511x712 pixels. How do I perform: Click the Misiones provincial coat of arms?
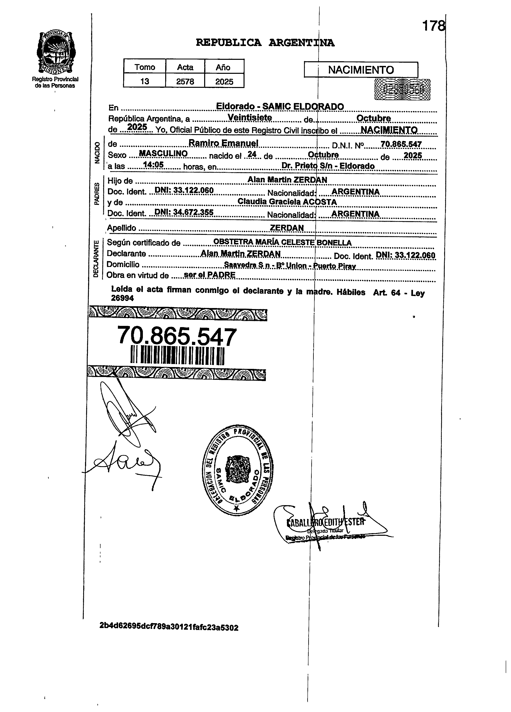click(x=56, y=53)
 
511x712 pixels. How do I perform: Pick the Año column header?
click(x=223, y=67)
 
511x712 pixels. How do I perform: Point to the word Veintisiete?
click(x=250, y=117)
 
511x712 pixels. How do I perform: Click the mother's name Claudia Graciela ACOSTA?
click(x=287, y=202)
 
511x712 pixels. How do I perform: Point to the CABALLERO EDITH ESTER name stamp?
click(x=326, y=522)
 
